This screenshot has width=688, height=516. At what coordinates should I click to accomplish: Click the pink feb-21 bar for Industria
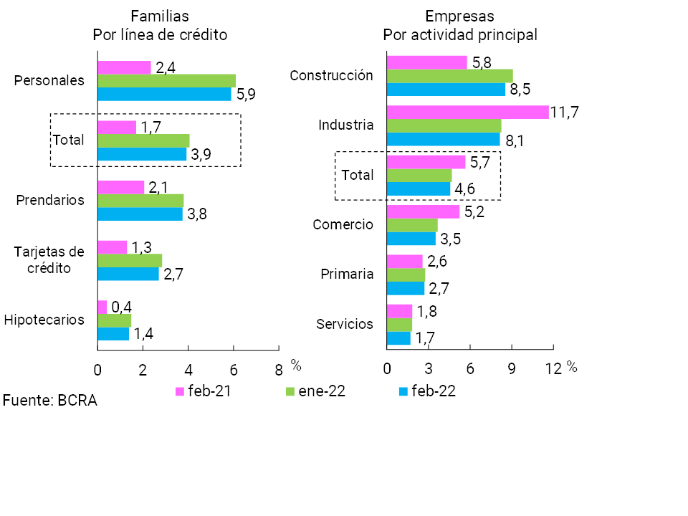click(x=467, y=112)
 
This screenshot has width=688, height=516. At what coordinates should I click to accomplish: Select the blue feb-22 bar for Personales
click(x=164, y=94)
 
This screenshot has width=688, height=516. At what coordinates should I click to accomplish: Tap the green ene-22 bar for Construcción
click(x=449, y=76)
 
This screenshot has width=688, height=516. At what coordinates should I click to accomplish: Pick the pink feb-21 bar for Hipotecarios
click(x=102, y=307)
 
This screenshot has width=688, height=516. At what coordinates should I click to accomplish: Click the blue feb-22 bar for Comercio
click(x=411, y=239)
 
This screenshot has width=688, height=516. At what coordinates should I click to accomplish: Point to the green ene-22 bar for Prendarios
click(x=140, y=200)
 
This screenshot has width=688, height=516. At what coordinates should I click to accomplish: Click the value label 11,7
click(x=565, y=112)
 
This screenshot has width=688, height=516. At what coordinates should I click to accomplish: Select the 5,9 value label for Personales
click(x=247, y=95)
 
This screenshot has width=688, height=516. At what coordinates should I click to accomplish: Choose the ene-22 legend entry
click(x=315, y=391)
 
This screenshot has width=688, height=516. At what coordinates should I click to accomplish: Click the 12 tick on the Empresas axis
click(x=553, y=368)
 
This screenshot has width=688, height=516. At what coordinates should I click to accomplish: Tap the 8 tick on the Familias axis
click(x=279, y=369)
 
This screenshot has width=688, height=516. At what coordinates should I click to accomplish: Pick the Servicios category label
click(x=345, y=324)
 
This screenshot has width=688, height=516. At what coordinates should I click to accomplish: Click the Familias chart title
click(x=160, y=26)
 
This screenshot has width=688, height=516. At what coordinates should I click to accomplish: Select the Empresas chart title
click(x=460, y=26)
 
